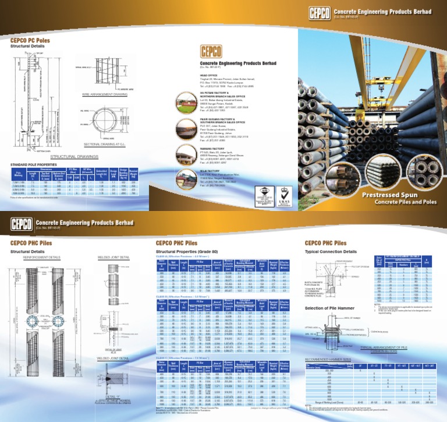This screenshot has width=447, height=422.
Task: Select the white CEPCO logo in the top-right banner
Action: tap(317, 11)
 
